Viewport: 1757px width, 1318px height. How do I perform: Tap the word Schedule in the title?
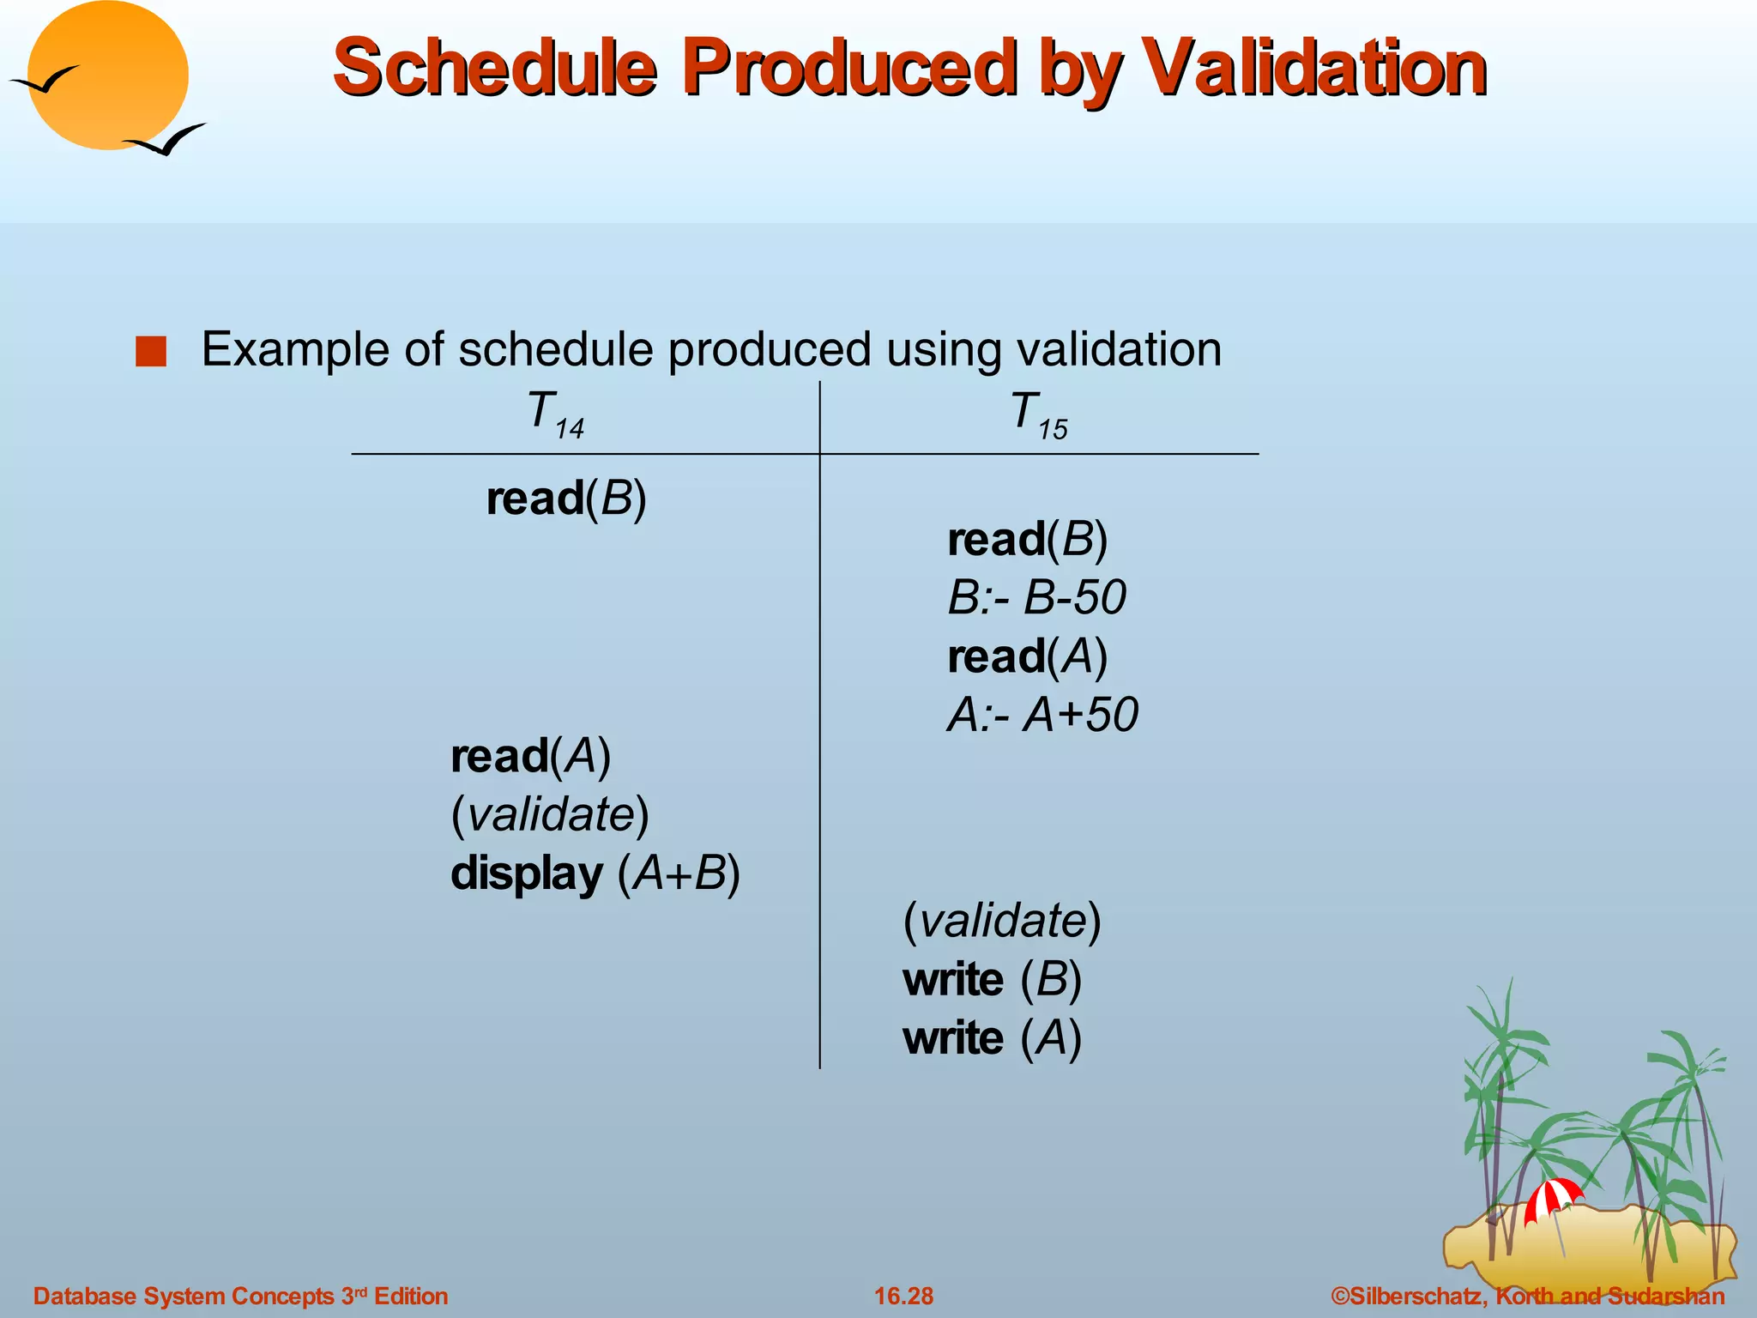495,69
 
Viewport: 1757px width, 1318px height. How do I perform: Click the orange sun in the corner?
107,76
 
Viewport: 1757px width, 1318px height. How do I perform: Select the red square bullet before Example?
151,352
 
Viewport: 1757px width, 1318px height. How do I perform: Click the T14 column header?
554,414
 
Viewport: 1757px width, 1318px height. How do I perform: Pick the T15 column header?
1038,414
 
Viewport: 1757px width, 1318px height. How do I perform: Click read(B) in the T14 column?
566,499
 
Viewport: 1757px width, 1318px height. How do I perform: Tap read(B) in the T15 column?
1027,540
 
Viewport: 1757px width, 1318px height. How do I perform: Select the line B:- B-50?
1036,597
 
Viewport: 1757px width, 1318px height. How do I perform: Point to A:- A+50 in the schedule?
1042,714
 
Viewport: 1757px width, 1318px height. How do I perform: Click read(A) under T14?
531,756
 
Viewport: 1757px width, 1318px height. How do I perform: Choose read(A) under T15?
1027,656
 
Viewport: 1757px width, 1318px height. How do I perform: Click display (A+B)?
595,874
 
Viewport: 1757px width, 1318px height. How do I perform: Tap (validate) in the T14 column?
550,814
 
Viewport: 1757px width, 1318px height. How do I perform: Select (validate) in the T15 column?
1002,921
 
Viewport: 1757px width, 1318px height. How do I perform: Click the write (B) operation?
992,979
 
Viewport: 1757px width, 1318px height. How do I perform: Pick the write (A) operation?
992,1038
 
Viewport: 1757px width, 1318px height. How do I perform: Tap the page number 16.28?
903,1296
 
